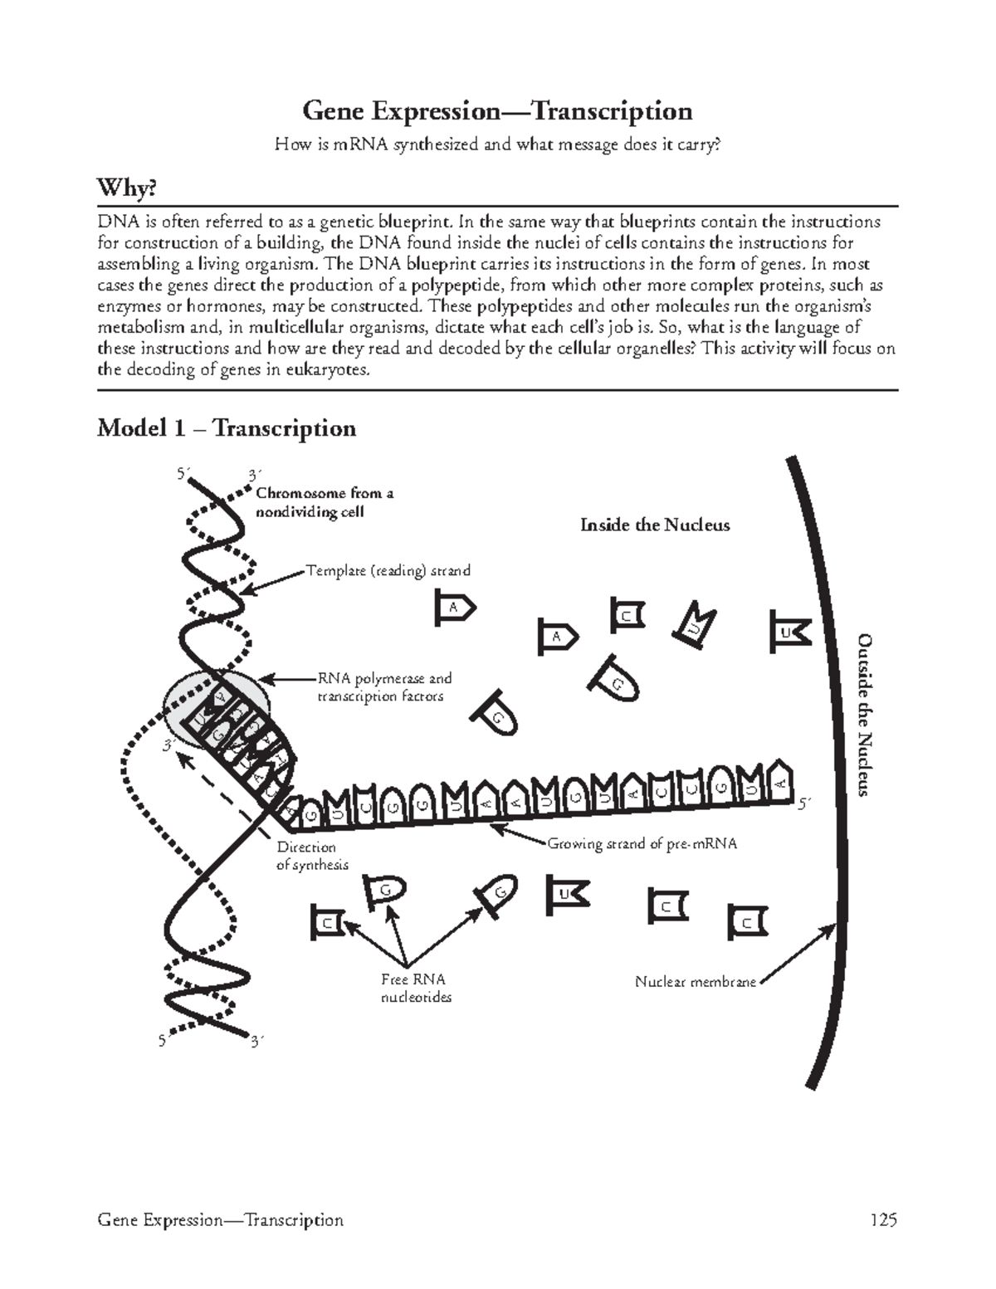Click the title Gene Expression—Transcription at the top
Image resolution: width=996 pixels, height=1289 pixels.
pos(496,110)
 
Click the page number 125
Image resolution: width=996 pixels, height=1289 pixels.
pos(883,1220)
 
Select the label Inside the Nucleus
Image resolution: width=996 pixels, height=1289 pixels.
pos(655,525)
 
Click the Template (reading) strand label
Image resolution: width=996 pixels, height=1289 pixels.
pos(388,570)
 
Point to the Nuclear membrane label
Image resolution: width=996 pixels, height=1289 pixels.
pos(695,982)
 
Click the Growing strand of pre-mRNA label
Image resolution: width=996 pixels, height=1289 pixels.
pos(642,844)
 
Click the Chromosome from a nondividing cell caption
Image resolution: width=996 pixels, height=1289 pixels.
pos(324,502)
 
